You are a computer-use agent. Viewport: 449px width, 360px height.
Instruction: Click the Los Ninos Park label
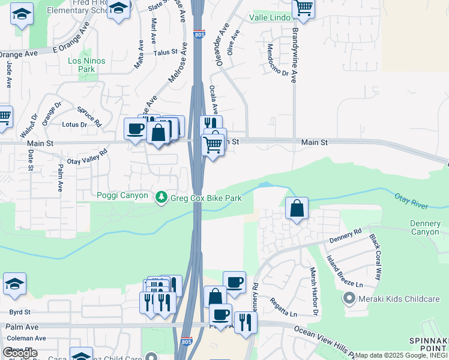pos(86,65)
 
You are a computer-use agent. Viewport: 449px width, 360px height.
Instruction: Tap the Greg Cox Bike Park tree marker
pos(161,197)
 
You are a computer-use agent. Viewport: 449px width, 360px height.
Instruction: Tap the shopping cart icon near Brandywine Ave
pos(304,8)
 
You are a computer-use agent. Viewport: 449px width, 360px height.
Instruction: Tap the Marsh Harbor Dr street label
pos(313,292)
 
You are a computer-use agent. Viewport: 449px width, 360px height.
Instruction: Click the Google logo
pos(20,353)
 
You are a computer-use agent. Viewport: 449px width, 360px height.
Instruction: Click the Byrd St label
pos(19,313)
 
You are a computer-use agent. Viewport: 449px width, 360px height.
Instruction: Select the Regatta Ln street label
pos(283,307)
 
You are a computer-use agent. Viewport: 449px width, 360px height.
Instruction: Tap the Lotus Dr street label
pos(75,125)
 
